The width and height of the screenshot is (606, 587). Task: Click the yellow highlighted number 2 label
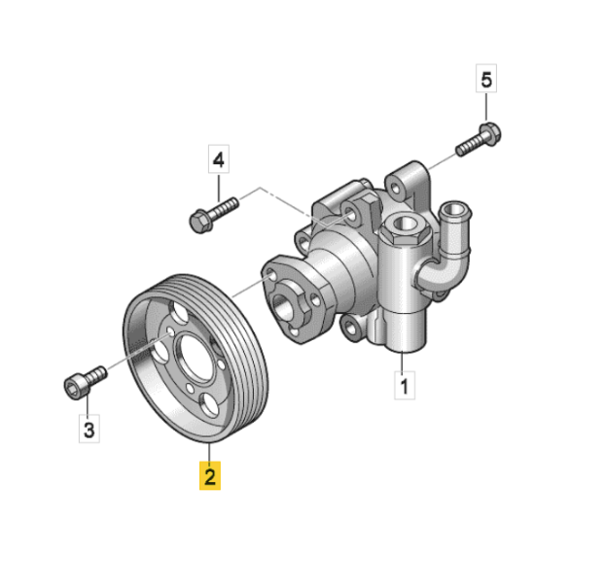coord(210,475)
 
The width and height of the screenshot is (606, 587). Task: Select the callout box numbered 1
coord(405,385)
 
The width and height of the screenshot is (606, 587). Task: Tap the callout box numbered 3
coord(89,429)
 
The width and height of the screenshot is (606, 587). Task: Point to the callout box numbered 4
coord(218,158)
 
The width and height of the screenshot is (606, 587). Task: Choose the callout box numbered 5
coord(486,79)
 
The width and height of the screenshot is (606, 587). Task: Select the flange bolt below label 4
coord(213,215)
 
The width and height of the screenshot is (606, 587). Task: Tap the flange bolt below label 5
coord(480,139)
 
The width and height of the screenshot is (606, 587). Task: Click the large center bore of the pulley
coord(196,360)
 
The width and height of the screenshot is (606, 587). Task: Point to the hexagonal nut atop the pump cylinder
coord(405,228)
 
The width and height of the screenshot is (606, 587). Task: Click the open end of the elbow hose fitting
coord(456,211)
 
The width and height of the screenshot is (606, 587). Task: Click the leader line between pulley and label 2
coord(209,452)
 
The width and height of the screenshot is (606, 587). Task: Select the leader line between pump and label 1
coord(402,362)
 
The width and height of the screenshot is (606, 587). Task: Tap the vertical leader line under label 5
coord(486,107)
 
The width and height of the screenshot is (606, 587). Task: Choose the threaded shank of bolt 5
coord(469,146)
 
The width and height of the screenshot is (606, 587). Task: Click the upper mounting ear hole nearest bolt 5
coord(395,190)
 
